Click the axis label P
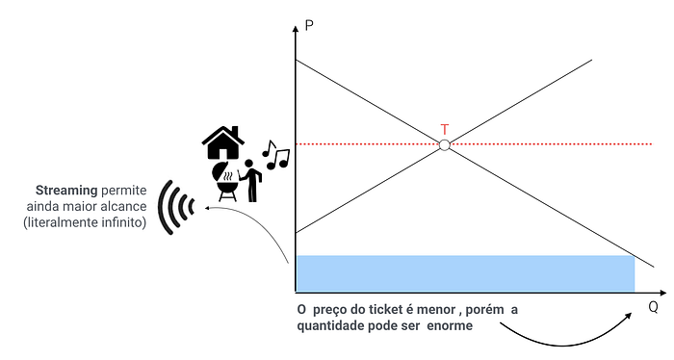coord(309,26)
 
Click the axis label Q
coord(653,307)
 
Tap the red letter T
coord(445,129)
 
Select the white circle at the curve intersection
coord(445,145)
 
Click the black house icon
coord(223,142)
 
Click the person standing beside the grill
coord(250,180)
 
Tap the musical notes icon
coord(275,154)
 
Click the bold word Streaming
coord(66,191)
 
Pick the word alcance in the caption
coord(123,206)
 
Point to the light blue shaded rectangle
coord(465,273)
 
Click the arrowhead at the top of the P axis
coord(296,29)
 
